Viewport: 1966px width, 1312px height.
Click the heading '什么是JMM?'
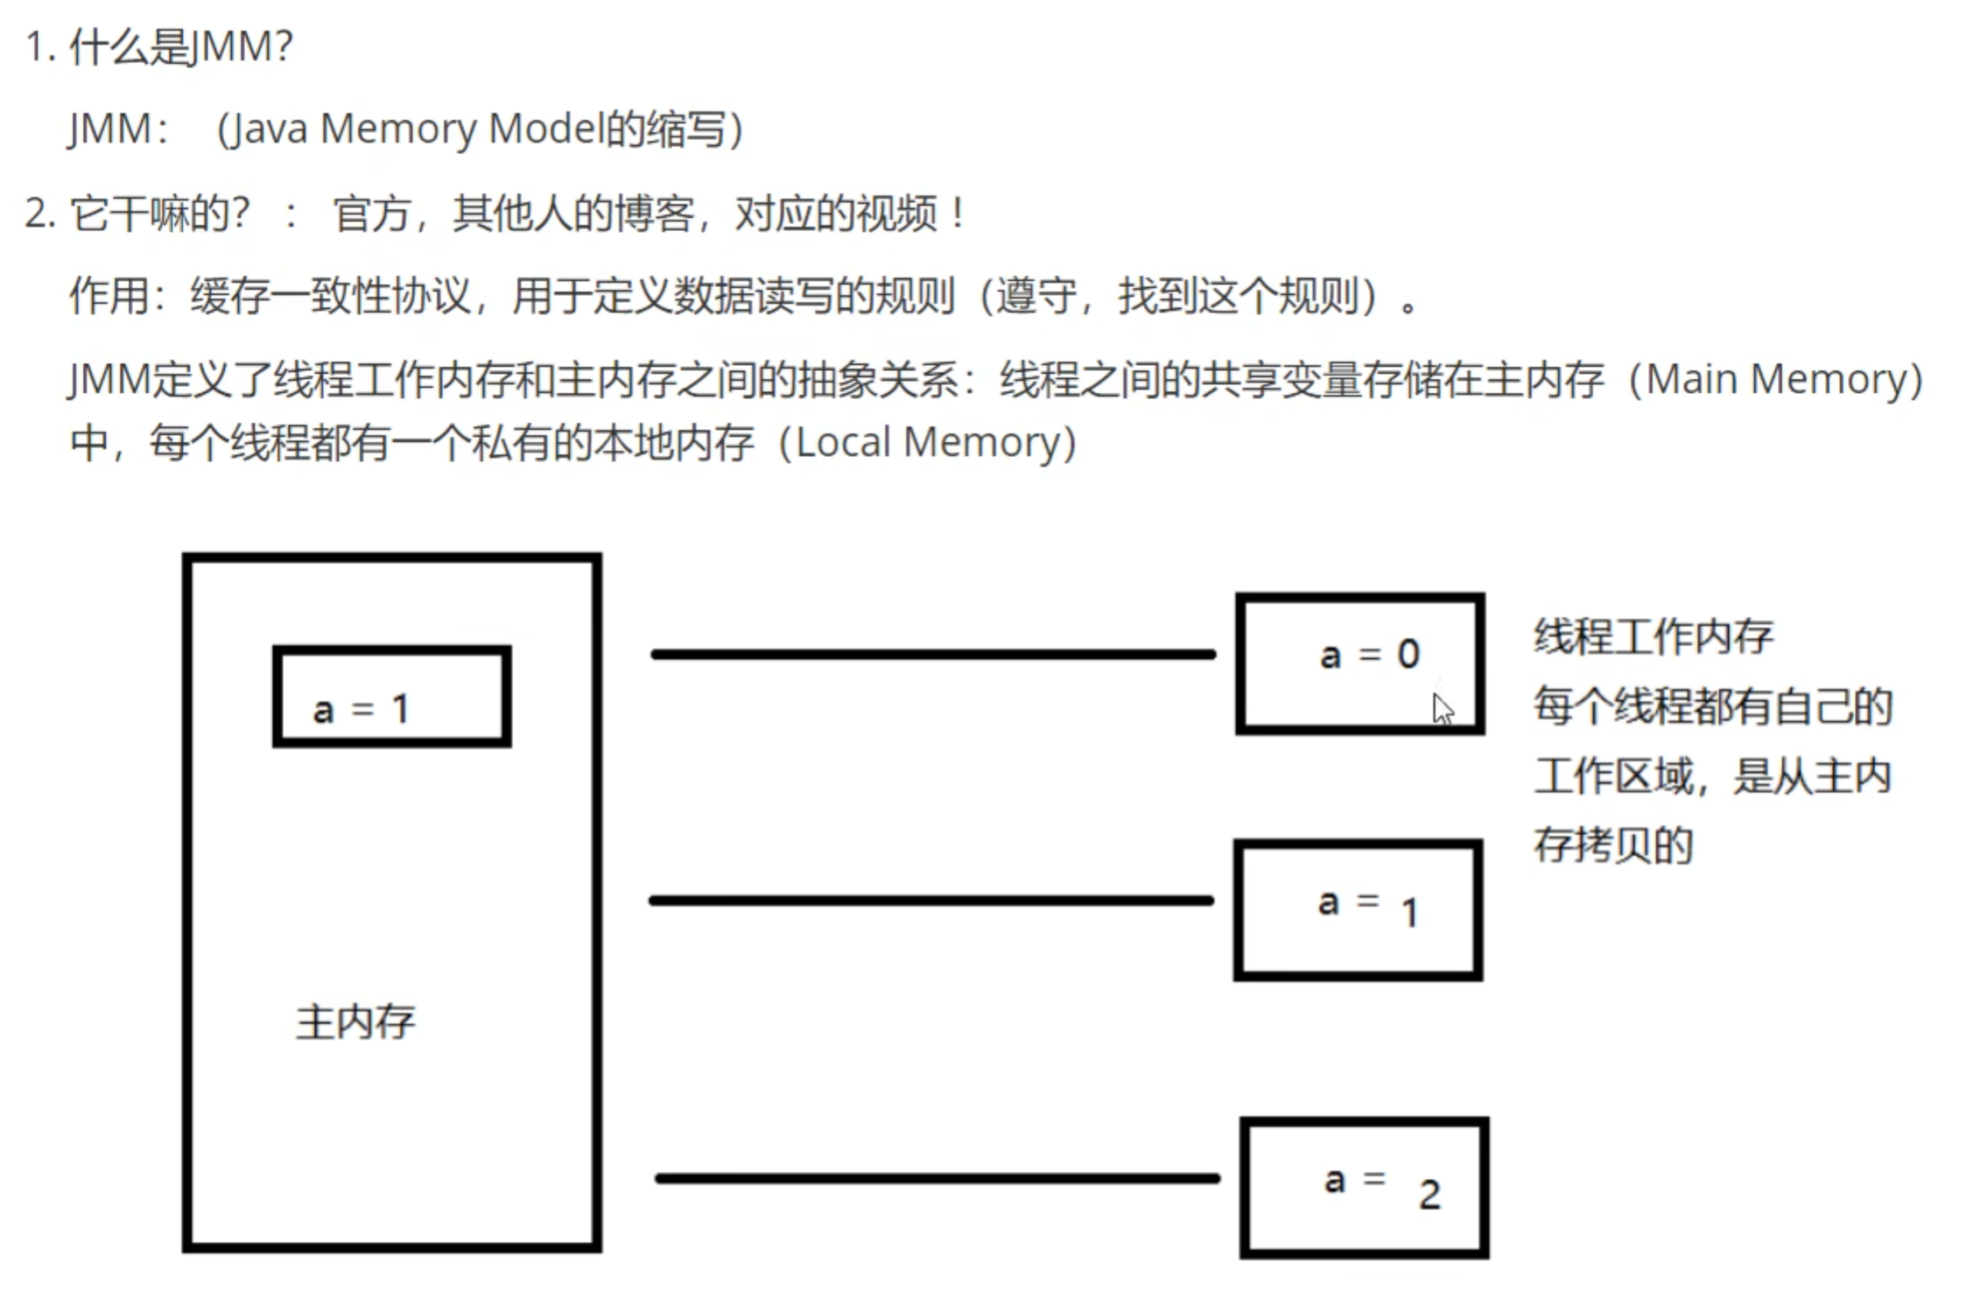(x=180, y=46)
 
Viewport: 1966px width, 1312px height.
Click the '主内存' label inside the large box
(x=355, y=1022)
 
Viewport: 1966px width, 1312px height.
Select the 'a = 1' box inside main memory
(x=392, y=697)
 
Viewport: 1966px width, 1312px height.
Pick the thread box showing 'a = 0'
(x=1359, y=663)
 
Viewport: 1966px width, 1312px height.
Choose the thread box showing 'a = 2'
(x=1364, y=1188)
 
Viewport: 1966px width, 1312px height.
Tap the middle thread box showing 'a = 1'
(x=1358, y=909)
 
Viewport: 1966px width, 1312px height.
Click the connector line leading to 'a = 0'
(x=933, y=654)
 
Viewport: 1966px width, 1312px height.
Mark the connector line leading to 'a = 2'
(x=937, y=1178)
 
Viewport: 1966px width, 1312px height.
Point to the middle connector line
(x=930, y=900)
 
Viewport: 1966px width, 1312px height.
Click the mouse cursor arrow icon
(x=1443, y=709)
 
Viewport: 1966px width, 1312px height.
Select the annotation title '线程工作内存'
(x=1654, y=636)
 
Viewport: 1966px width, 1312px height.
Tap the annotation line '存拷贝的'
(x=1613, y=845)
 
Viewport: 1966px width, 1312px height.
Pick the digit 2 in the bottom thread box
(x=1429, y=1195)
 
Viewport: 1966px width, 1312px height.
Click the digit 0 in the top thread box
(x=1408, y=654)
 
